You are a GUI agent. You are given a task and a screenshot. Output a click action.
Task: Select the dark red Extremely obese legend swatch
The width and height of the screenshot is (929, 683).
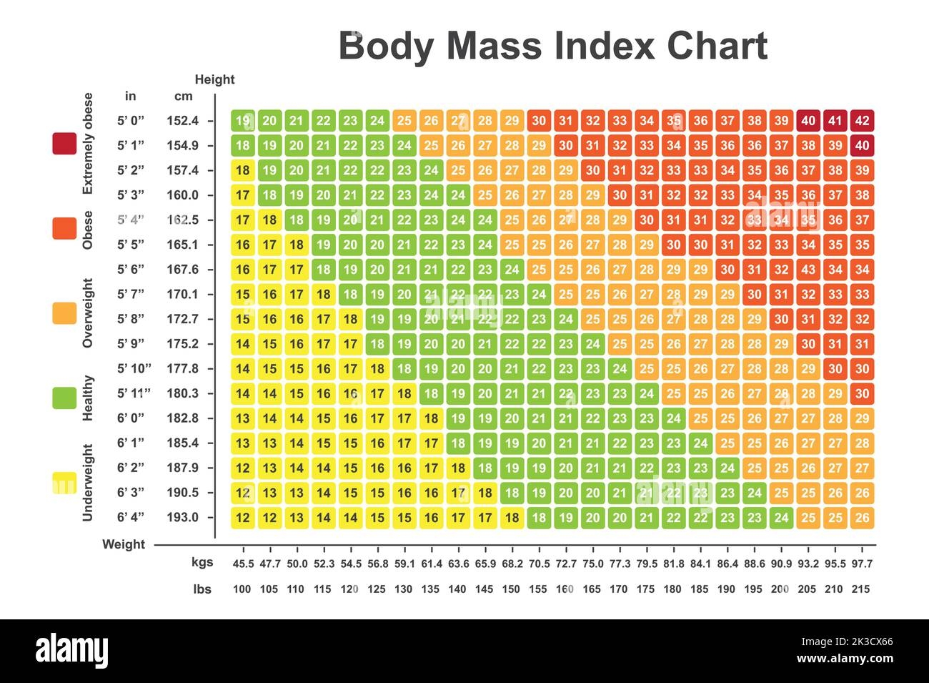click(64, 144)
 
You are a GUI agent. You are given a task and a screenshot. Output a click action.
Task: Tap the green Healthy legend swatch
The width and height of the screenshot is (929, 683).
click(64, 398)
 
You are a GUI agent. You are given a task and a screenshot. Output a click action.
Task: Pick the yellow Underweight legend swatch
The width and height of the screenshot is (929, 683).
click(64, 483)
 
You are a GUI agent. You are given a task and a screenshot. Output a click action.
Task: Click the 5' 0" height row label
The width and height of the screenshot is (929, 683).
click(131, 121)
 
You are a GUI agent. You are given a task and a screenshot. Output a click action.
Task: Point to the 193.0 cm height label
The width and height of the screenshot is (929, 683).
click(182, 517)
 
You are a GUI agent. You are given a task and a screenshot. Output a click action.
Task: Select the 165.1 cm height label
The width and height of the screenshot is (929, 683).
click(182, 245)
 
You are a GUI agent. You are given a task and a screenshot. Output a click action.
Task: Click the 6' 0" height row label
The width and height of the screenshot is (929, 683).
click(131, 418)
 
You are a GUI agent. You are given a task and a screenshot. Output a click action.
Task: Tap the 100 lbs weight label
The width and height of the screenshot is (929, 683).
click(242, 589)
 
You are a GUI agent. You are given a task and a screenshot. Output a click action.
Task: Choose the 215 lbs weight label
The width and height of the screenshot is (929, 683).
click(861, 589)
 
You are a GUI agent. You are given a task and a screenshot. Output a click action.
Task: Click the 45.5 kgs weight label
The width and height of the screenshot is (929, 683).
click(243, 564)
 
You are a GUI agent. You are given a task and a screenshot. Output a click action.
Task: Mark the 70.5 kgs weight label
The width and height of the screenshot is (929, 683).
click(539, 564)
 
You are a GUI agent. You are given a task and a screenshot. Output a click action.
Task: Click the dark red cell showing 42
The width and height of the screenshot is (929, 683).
click(862, 121)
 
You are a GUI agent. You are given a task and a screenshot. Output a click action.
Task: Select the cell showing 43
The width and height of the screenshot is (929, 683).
click(808, 270)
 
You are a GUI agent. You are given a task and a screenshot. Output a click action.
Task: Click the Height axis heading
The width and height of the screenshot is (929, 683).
click(214, 79)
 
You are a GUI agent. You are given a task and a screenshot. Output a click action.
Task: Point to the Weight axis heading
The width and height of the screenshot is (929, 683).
click(124, 544)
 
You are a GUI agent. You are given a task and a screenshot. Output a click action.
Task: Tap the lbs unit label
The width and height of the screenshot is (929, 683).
click(202, 589)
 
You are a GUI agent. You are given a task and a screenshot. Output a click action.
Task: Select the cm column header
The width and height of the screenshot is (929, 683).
click(183, 97)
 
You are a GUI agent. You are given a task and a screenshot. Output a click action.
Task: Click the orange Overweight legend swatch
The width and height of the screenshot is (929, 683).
click(64, 313)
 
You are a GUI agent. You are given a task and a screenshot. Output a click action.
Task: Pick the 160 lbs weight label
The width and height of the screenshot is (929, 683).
click(565, 589)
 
